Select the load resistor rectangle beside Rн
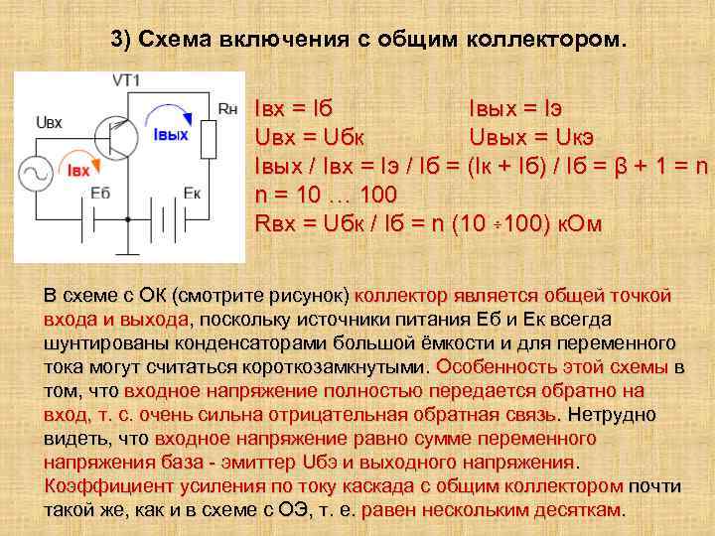tap(208, 138)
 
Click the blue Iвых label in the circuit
tap(171, 135)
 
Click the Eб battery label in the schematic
tap(100, 193)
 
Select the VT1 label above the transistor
tap(126, 79)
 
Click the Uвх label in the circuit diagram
tap(49, 122)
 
